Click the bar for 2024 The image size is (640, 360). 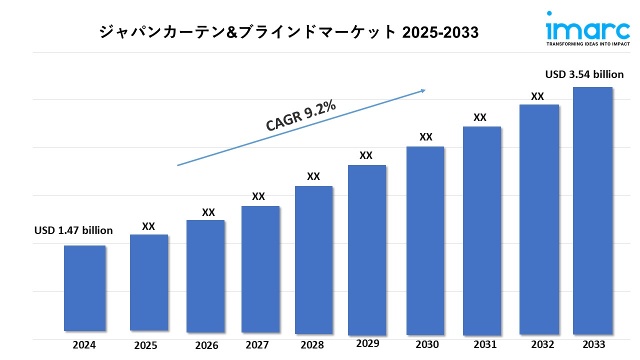(84, 288)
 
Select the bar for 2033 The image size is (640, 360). (592, 210)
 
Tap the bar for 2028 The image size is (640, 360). (313, 259)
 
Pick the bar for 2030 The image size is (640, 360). (424, 240)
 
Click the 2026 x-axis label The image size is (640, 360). (206, 345)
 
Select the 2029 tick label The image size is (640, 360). (367, 343)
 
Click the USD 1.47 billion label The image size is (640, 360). (73, 230)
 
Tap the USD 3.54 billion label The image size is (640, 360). (584, 74)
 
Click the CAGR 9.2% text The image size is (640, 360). (300, 116)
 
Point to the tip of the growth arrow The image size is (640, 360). (425, 90)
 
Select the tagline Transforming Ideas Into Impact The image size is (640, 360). (587, 44)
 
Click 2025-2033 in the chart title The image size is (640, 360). (440, 32)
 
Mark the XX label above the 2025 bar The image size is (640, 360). (148, 226)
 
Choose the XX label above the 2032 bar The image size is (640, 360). (537, 97)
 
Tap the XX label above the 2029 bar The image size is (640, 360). (366, 156)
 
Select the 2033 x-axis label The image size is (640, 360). (593, 344)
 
